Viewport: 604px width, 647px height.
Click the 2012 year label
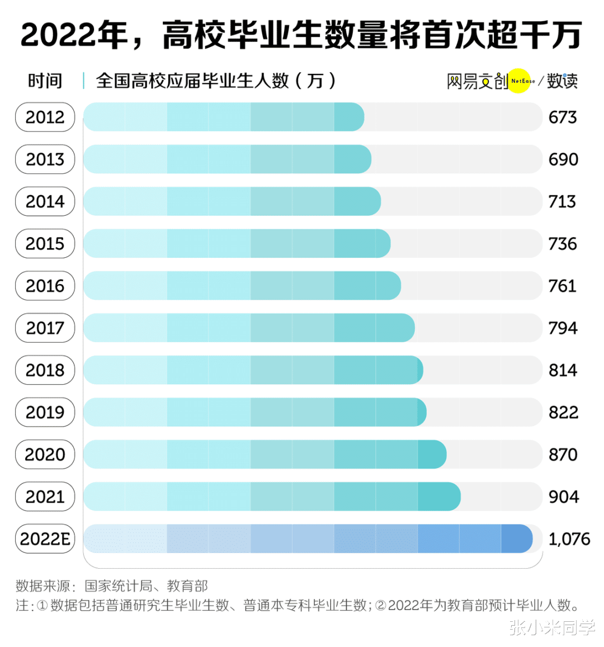click(x=45, y=117)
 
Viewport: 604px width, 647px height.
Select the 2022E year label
click(x=45, y=539)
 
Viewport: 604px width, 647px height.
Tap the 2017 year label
click(x=45, y=328)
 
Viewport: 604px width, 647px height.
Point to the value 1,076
click(x=569, y=539)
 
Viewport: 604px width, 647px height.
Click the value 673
click(x=563, y=117)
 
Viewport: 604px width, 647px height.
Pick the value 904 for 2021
click(x=563, y=497)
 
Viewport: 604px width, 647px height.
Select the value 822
click(x=563, y=413)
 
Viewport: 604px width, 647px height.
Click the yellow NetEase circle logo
click(x=519, y=81)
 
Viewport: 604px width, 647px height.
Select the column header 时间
click(x=45, y=81)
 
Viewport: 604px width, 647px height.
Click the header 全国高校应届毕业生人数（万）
click(x=216, y=81)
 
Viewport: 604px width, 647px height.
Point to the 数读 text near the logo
click(x=562, y=81)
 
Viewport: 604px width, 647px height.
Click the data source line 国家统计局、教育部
click(x=146, y=586)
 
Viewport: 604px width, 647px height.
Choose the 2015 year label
click(x=45, y=244)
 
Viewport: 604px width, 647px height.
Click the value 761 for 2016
click(x=562, y=286)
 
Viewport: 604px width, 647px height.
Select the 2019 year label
click(x=45, y=413)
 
